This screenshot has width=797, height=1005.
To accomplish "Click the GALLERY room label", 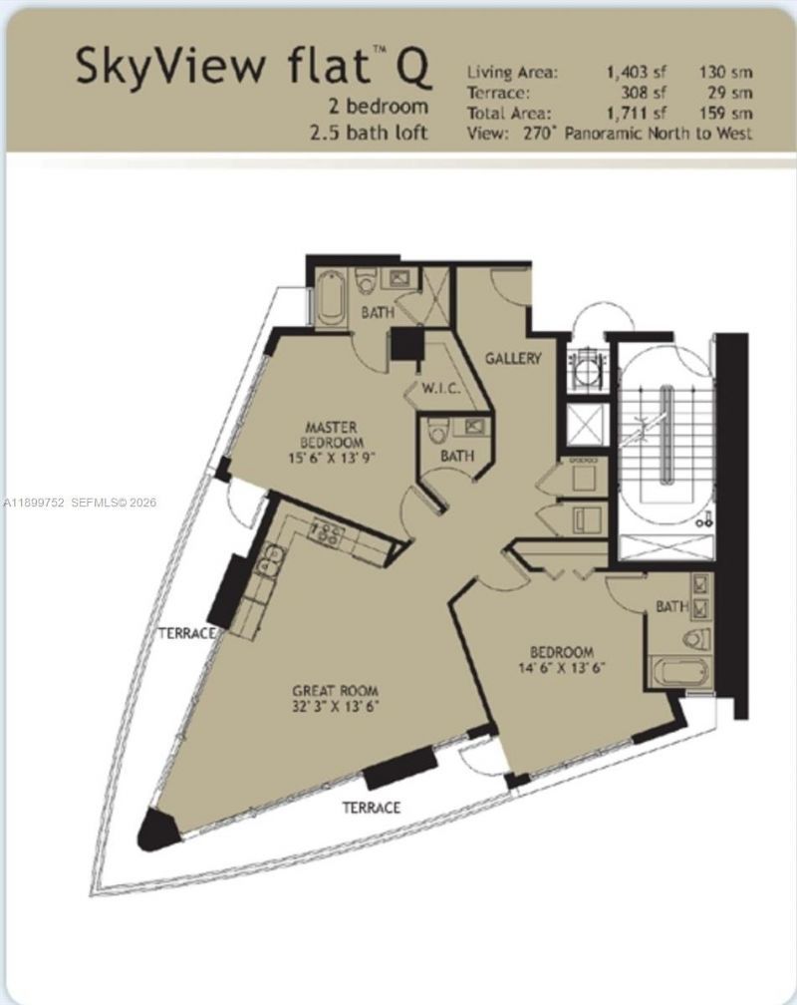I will [x=513, y=358].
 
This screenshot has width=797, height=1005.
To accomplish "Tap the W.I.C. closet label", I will [x=438, y=389].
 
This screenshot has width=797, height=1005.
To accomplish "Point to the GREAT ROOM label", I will [x=335, y=690].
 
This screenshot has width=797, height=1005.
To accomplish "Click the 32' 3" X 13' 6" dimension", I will [x=335, y=706].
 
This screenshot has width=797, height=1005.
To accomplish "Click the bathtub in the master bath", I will [x=331, y=296].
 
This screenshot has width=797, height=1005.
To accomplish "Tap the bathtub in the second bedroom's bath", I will [x=678, y=672].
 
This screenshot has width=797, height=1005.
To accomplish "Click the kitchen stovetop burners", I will [x=325, y=534].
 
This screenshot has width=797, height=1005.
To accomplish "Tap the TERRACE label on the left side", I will [x=187, y=633].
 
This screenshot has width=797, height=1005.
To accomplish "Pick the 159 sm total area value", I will [x=732, y=113].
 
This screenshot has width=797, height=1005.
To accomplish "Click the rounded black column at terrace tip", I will [x=155, y=830].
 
